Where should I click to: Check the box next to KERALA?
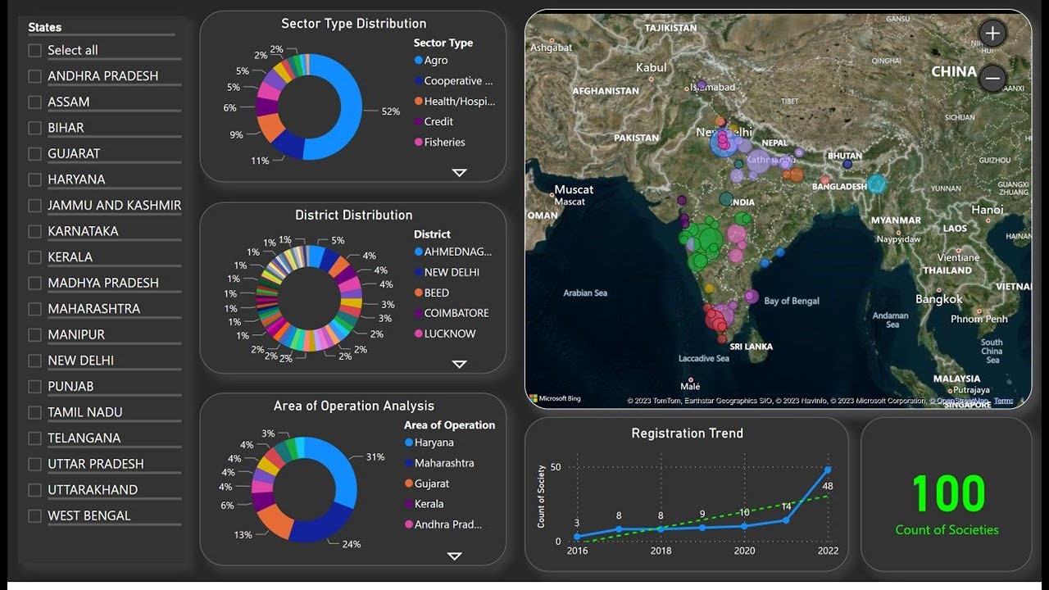click(x=34, y=257)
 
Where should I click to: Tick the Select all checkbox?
click(x=34, y=51)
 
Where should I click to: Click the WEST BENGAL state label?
click(x=89, y=515)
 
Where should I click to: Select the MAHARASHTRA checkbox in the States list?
click(x=34, y=309)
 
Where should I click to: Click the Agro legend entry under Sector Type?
click(x=435, y=61)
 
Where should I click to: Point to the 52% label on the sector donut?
click(x=390, y=111)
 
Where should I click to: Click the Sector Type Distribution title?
click(x=353, y=24)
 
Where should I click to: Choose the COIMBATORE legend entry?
click(x=456, y=313)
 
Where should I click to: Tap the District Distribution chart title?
click(x=353, y=215)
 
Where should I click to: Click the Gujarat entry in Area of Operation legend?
click(x=431, y=483)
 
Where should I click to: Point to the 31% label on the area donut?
click(x=375, y=457)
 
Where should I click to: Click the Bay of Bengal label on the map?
click(x=791, y=301)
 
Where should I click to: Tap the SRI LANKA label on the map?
click(x=751, y=347)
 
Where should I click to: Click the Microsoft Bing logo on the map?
click(x=555, y=399)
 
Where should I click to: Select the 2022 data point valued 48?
click(x=828, y=470)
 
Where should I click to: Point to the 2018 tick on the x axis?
click(x=661, y=551)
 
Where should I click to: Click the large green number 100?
click(x=947, y=493)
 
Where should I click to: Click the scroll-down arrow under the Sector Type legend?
click(x=459, y=172)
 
